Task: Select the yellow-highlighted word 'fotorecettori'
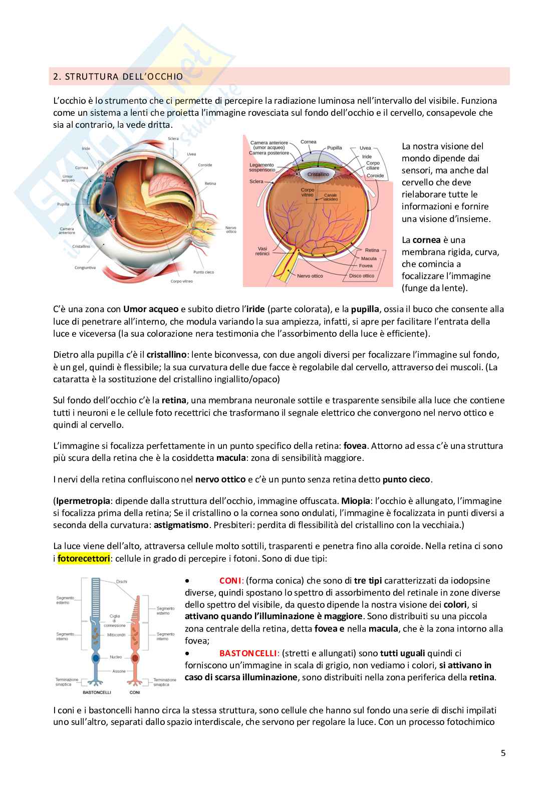(x=84, y=558)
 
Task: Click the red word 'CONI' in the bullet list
(x=230, y=581)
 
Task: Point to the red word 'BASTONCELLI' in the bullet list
(x=248, y=653)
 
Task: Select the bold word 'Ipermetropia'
(x=83, y=501)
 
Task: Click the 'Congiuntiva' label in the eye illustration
(x=85, y=268)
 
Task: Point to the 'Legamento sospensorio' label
(x=262, y=167)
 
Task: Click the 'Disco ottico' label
(x=362, y=276)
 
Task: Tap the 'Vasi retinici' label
(x=262, y=251)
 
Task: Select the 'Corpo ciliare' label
(x=373, y=166)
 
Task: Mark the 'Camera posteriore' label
(x=269, y=153)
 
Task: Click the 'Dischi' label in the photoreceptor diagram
(x=121, y=582)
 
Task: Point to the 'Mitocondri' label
(x=116, y=635)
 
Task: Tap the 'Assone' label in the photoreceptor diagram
(x=119, y=671)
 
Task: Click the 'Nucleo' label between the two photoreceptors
(x=116, y=657)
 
